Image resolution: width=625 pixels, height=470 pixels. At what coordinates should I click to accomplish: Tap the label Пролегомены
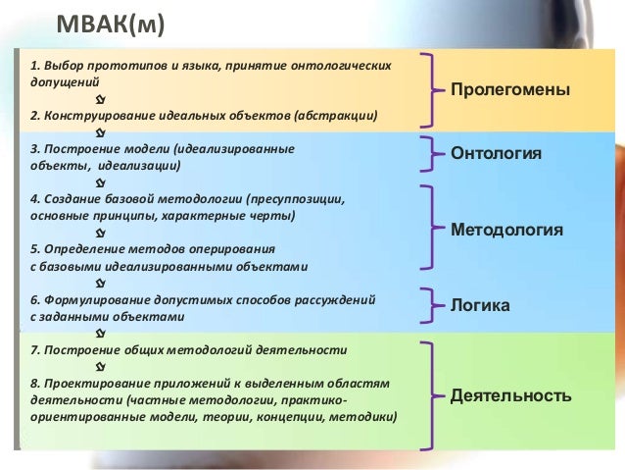click(x=509, y=90)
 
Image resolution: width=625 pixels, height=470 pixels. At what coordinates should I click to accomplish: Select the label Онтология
click(x=496, y=154)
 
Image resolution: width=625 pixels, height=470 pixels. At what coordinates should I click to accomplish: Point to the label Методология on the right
click(x=506, y=230)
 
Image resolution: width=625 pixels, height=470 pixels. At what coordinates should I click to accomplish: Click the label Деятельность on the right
click(x=509, y=398)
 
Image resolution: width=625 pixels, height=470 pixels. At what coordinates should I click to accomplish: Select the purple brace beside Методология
click(x=429, y=228)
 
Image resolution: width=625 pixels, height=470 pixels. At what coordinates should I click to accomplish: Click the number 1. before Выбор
click(x=35, y=66)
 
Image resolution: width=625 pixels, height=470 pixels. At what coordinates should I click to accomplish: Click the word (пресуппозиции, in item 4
click(x=295, y=199)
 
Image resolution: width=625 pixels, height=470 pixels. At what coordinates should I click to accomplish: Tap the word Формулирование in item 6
click(x=96, y=300)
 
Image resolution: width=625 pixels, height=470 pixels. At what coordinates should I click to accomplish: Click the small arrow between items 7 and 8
click(x=101, y=366)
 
